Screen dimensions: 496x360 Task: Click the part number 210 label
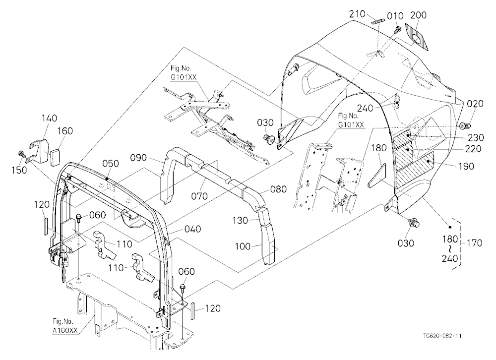coord(357,14)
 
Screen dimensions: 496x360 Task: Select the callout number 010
coord(395,16)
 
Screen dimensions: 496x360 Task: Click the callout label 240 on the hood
coord(365,108)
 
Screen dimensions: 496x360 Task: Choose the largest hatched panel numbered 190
coord(415,170)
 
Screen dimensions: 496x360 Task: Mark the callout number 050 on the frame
coord(111,164)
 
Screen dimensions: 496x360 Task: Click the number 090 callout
coord(138,158)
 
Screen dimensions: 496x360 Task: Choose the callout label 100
coord(243,246)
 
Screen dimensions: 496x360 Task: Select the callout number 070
coord(199,196)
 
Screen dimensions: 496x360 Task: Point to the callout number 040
coord(192,229)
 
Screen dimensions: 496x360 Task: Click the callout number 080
coord(278,189)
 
